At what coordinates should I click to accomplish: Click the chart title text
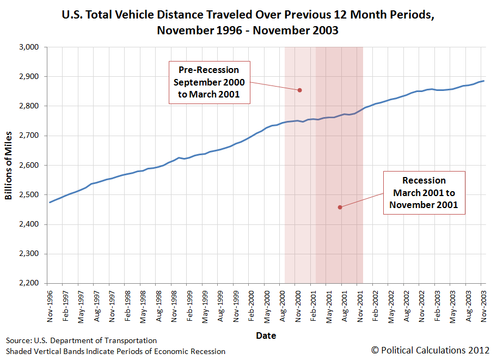(x=248, y=22)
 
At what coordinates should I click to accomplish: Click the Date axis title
(x=266, y=335)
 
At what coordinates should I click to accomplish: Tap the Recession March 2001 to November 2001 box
(x=424, y=193)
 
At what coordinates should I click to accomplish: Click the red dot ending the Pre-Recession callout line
(x=299, y=90)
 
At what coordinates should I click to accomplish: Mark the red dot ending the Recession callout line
(x=340, y=207)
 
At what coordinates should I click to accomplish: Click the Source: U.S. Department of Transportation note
(x=82, y=340)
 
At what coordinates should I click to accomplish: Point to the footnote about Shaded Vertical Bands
(x=116, y=351)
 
